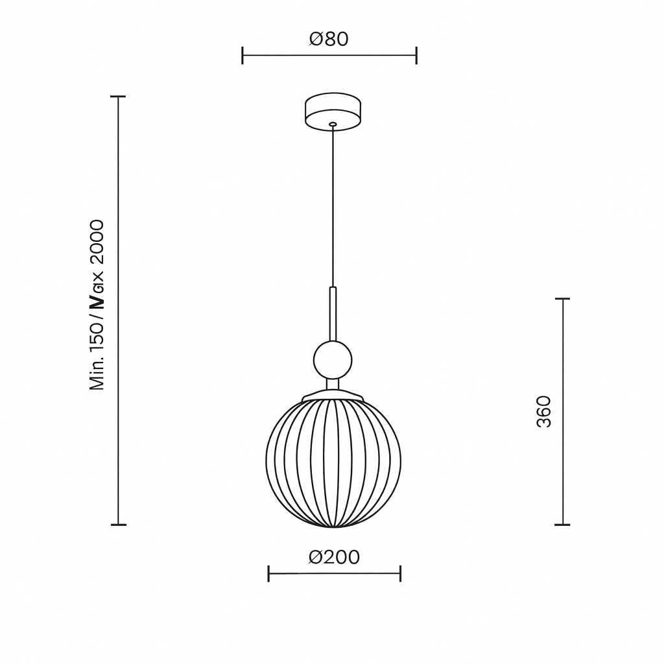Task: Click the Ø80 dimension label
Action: click(329, 39)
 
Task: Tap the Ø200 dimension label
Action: click(334, 557)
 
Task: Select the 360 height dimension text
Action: click(543, 412)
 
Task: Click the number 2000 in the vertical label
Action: click(97, 243)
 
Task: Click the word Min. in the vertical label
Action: click(97, 374)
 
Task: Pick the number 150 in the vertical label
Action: click(97, 338)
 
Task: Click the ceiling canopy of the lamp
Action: click(333, 112)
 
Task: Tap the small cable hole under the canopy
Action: click(333, 124)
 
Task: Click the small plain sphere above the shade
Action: click(333, 360)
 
